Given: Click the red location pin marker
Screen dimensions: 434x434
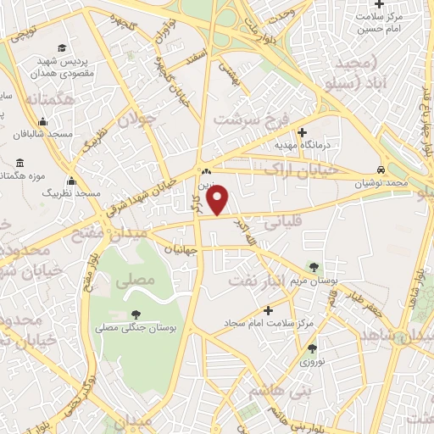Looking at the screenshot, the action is (x=219, y=199).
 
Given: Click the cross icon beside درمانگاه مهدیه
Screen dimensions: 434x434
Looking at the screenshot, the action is (x=303, y=131).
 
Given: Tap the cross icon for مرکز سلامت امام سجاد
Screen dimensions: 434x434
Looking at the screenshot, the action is (x=269, y=310).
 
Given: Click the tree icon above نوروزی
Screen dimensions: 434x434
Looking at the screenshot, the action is (x=312, y=348).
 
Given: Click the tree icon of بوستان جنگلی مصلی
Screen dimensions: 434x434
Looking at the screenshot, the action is (x=136, y=314).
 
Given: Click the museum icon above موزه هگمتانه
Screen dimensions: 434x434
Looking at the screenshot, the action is (x=20, y=162).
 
